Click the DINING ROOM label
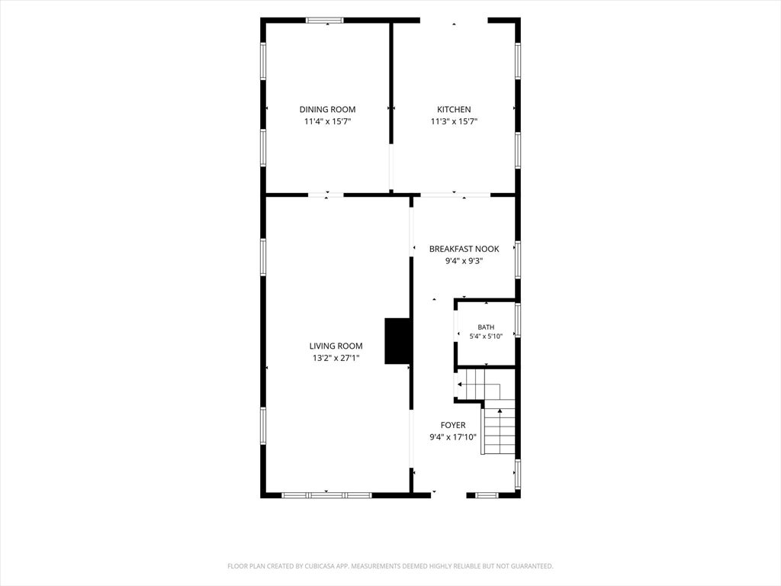(327, 110)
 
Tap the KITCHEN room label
(454, 110)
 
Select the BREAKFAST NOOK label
(464, 250)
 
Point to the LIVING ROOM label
(336, 346)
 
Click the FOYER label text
(453, 425)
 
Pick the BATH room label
(486, 327)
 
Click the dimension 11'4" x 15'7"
(327, 121)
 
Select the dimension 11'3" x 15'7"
(454, 121)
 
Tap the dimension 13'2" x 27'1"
(336, 358)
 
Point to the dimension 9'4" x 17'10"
(453, 437)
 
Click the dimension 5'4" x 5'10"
(486, 336)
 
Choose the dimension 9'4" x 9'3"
(464, 261)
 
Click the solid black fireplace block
(397, 341)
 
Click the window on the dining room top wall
(325, 21)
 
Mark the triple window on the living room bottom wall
(326, 495)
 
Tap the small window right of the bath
(518, 320)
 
